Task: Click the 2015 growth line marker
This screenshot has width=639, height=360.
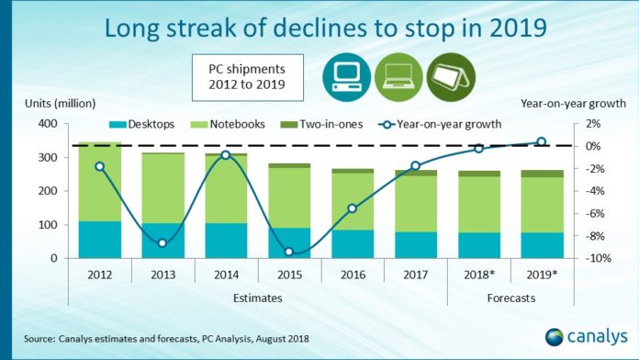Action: pos(289,252)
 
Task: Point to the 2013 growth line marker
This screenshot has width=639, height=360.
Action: pos(163,242)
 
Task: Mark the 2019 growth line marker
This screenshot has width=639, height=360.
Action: pos(541,141)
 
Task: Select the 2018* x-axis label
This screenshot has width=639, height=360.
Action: pos(478,274)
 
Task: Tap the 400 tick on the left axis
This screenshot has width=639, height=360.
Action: pos(47,124)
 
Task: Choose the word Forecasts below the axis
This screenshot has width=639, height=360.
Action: pos(510,298)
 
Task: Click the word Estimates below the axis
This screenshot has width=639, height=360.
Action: pos(257,298)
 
